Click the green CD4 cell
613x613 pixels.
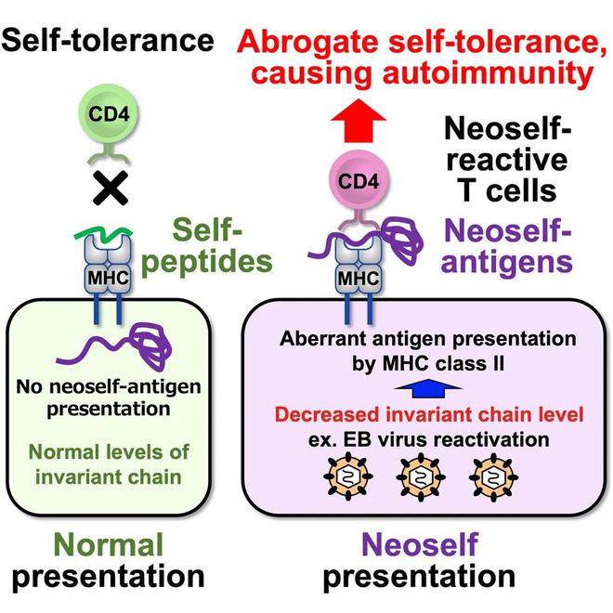pos(109,114)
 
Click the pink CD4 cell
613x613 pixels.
pos(359,180)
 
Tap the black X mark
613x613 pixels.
pos(111,188)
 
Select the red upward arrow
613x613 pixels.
pos(359,121)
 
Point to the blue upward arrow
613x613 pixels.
pos(428,388)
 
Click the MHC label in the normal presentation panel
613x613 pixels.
pos(109,278)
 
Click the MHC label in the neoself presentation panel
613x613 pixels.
pos(359,279)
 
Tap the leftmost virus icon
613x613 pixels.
pos(348,477)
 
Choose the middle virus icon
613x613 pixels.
pos(420,477)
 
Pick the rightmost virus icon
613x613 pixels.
pos(493,477)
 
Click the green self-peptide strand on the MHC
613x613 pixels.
pos(103,234)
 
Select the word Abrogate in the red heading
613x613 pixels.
pos(307,42)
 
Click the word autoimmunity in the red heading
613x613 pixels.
pos(489,72)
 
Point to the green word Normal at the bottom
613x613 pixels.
pos(109,544)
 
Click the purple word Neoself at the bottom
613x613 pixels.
pos(420,544)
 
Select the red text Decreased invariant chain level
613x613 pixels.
pos(429,414)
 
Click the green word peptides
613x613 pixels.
pos(207,262)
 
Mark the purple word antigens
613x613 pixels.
pos(507,262)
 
